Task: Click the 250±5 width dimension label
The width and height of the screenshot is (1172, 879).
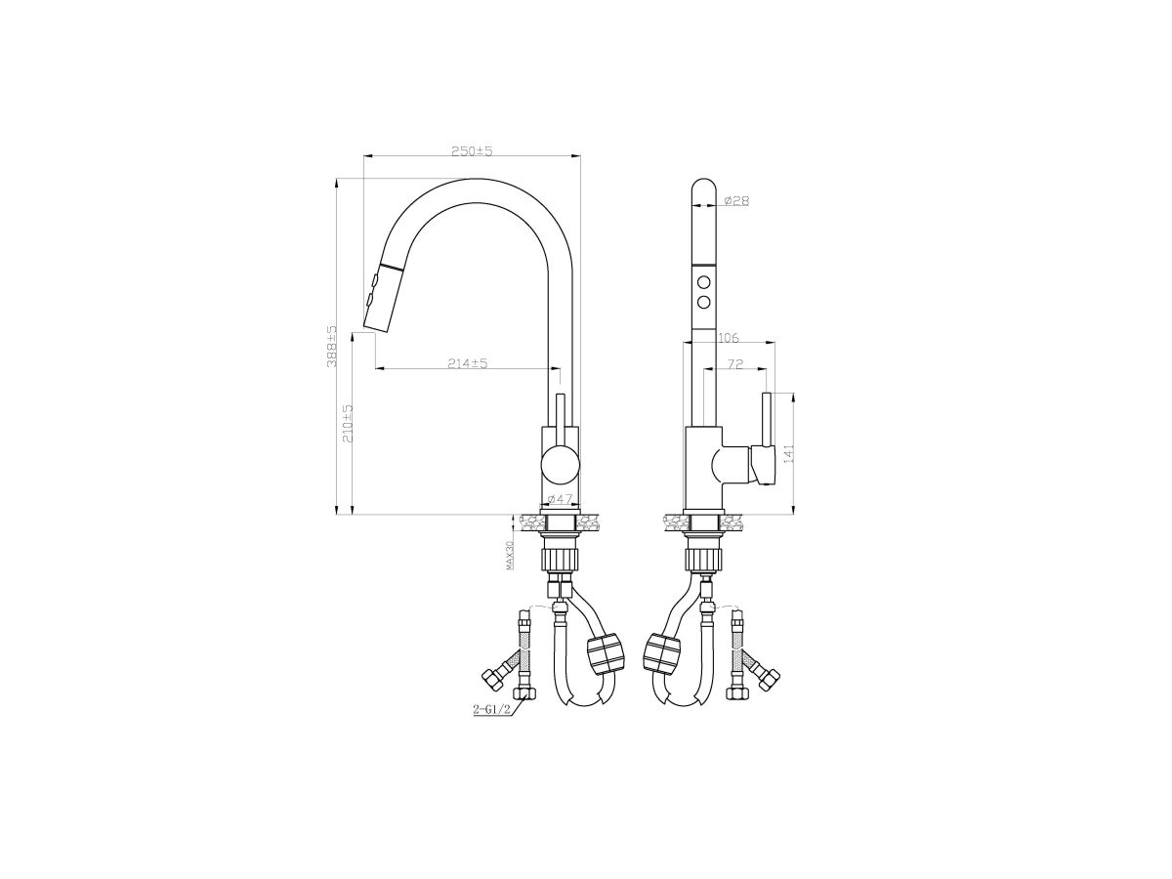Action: pyautogui.click(x=472, y=151)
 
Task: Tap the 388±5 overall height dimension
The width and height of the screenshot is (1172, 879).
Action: pyautogui.click(x=331, y=346)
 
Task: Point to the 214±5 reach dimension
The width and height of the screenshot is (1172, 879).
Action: pyautogui.click(x=467, y=363)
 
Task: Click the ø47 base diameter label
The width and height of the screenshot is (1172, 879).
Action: pyautogui.click(x=560, y=498)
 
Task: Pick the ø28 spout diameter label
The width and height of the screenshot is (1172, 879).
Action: pyautogui.click(x=736, y=200)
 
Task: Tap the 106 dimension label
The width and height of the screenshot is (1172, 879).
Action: pyautogui.click(x=729, y=338)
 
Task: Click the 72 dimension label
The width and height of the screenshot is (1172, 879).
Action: pyautogui.click(x=735, y=364)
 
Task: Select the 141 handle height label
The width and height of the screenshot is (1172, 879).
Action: pyautogui.click(x=790, y=453)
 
